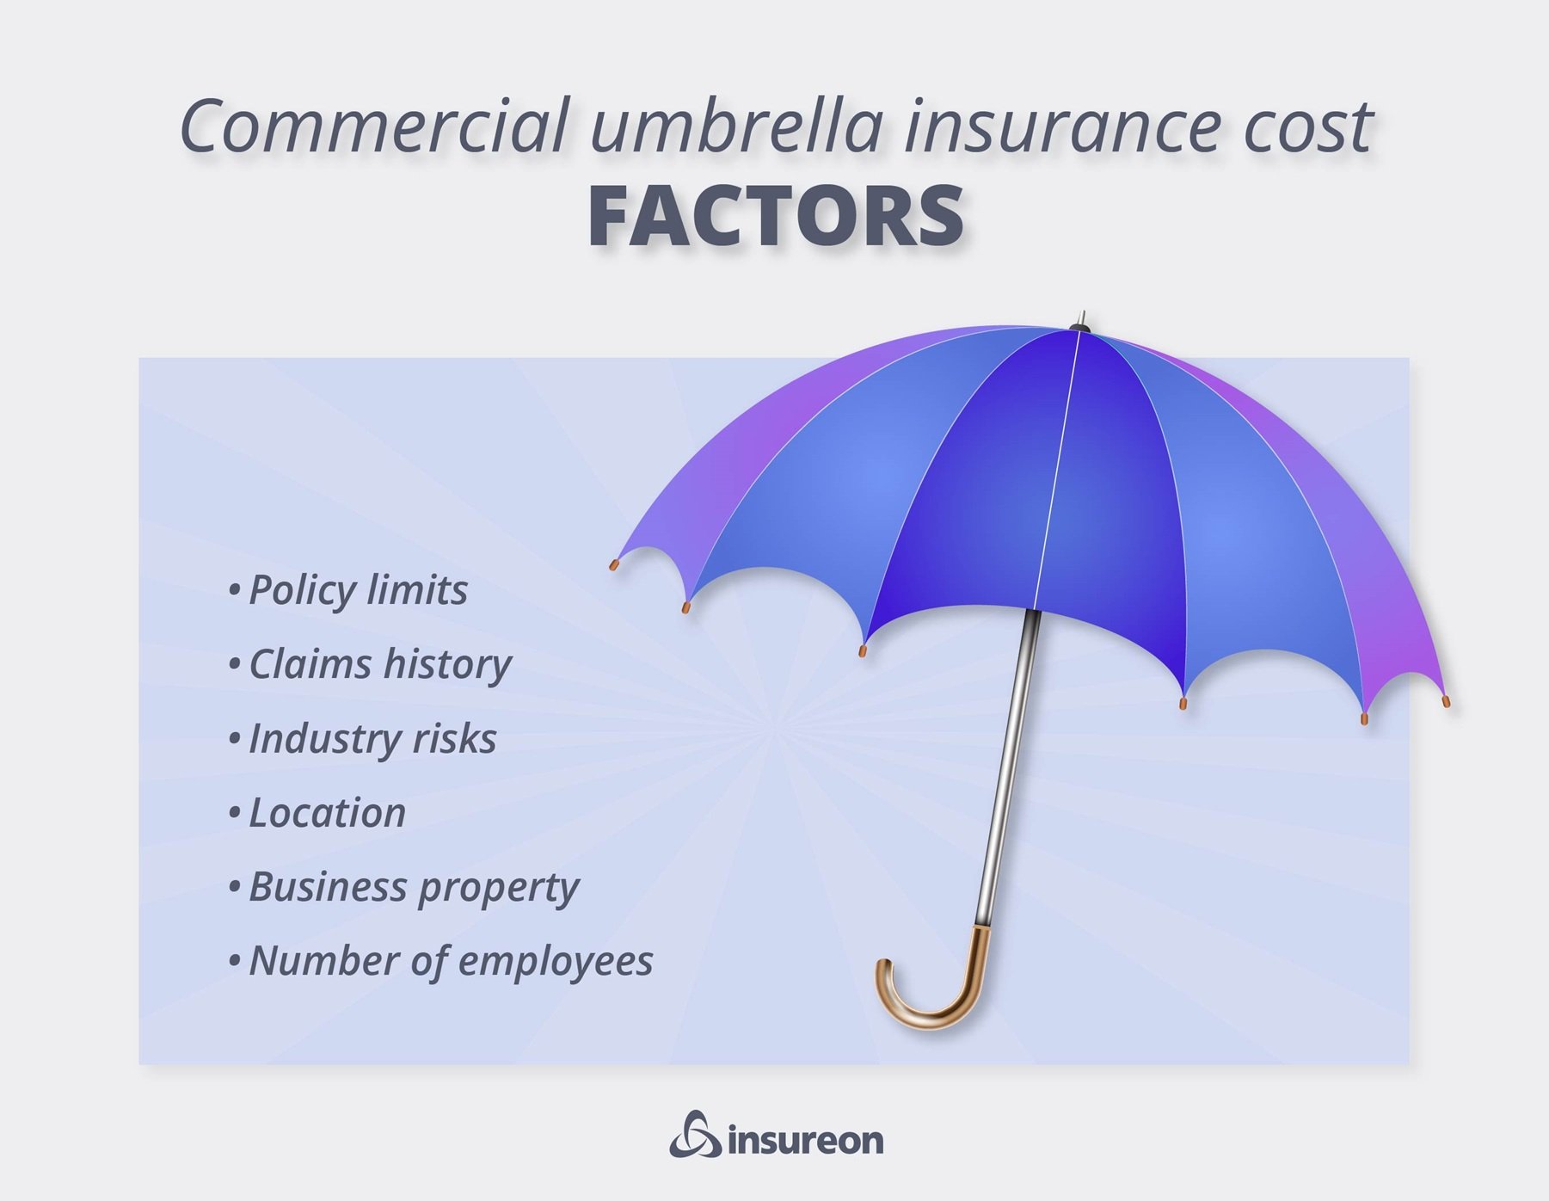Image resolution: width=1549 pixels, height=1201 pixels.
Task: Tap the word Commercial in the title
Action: pos(374,126)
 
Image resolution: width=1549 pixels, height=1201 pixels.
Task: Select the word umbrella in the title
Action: pos(737,126)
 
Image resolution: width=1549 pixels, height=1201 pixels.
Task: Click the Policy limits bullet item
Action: pos(348,590)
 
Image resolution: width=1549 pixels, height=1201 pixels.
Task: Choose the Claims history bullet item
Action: pos(370,665)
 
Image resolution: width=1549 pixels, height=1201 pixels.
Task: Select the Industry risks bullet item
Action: pos(363,738)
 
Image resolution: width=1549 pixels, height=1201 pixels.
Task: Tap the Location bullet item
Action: pos(317,812)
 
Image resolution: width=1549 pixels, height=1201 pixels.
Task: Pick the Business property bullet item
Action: pos(403,888)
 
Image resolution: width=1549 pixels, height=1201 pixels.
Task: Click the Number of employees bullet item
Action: pos(440,961)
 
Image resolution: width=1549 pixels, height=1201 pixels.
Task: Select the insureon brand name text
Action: pos(806,1141)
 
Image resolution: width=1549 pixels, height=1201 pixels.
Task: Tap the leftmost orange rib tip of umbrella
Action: pos(614,565)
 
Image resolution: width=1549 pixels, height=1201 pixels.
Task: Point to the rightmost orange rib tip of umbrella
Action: pos(1445,701)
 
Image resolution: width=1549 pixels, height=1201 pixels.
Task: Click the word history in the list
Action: pos(447,665)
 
